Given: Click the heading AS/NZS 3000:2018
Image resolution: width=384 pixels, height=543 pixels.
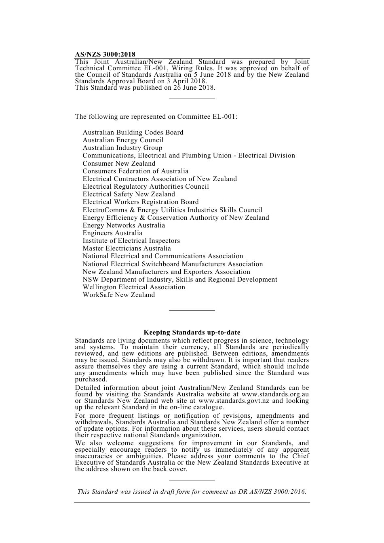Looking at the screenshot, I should [x=105, y=55].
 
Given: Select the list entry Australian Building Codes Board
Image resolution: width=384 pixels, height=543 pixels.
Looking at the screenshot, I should [x=133, y=133].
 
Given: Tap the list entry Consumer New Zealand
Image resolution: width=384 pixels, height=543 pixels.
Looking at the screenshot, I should [x=119, y=164].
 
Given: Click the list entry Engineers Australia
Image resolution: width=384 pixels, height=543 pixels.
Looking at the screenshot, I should [x=112, y=233].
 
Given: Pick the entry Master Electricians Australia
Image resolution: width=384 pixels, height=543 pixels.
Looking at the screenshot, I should [x=127, y=248].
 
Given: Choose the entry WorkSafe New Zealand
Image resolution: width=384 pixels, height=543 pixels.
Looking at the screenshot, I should [x=118, y=295].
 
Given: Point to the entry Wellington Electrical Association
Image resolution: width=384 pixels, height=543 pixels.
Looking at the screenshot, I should [x=134, y=287].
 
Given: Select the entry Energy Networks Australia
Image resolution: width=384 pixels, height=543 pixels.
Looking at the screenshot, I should [x=124, y=225].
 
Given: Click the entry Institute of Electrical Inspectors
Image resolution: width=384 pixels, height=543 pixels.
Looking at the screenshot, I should [x=131, y=241].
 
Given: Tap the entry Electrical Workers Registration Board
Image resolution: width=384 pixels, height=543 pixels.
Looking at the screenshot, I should [x=141, y=202].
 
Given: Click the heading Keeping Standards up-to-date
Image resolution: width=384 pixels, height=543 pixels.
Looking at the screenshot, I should [x=192, y=333].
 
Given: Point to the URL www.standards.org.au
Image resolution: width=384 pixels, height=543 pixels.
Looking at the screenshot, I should [x=275, y=394].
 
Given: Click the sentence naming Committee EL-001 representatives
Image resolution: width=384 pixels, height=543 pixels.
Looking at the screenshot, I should [x=156, y=117].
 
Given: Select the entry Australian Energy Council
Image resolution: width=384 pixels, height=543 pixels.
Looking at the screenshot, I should [x=123, y=140].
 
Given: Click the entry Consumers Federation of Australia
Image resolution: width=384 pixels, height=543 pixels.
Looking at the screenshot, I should [x=135, y=171].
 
